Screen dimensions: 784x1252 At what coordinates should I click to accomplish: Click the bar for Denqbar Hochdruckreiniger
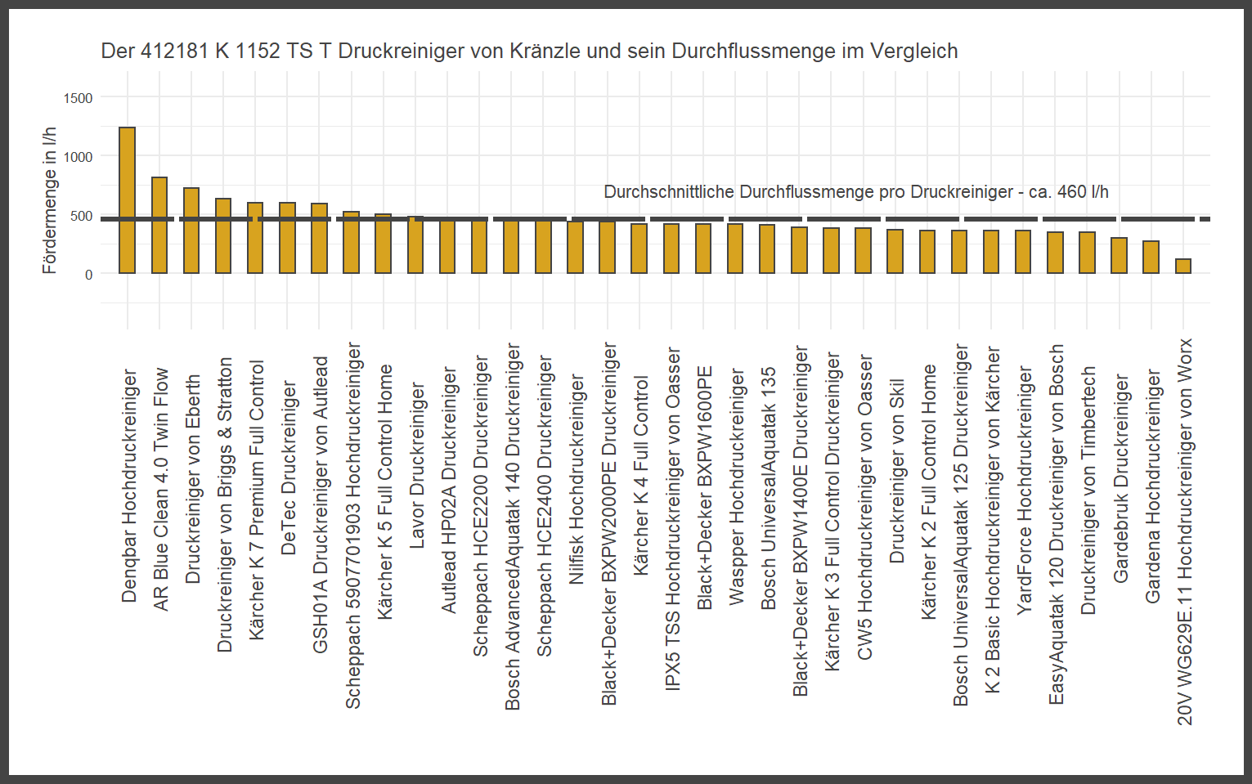[127, 200]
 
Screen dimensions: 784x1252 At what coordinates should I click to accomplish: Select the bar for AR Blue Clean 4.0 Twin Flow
[159, 226]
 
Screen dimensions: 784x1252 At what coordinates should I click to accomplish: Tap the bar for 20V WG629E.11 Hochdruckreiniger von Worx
[1183, 266]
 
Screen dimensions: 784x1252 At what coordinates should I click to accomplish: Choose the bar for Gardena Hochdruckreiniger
[1151, 257]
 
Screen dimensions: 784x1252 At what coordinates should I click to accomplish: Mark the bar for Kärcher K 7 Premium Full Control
[255, 238]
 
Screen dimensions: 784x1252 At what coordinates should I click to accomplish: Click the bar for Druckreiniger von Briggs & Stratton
[223, 235]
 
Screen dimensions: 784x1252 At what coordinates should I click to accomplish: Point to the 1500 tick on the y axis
[79, 98]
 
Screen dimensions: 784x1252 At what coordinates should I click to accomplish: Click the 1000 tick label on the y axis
[79, 157]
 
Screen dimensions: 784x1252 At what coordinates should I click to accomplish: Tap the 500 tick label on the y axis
[82, 216]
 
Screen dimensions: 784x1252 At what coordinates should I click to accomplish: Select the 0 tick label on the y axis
[88, 275]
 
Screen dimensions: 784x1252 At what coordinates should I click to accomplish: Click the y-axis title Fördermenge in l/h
[50, 200]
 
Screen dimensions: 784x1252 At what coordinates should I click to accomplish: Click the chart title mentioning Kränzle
[529, 51]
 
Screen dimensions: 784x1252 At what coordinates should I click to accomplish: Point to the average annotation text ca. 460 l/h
[855, 192]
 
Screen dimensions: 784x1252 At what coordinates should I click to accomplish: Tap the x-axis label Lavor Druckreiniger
[417, 465]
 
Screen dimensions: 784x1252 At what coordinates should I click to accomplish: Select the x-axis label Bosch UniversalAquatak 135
[769, 488]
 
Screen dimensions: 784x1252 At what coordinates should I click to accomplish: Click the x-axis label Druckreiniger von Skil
[897, 470]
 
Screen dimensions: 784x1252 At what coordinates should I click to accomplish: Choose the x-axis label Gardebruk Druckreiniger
[1121, 478]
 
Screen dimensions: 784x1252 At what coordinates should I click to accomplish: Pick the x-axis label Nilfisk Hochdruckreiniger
[577, 479]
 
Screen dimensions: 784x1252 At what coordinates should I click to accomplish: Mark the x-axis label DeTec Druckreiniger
[288, 468]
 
